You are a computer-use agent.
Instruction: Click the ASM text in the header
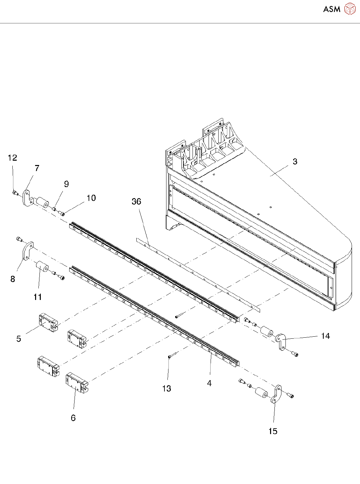coord(332,9)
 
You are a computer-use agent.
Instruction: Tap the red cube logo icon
coord(350,9)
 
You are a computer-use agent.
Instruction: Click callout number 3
coord(295,162)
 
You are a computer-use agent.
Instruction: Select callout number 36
coord(136,201)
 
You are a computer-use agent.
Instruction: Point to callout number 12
coord(12,158)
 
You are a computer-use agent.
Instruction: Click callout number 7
coord(37,168)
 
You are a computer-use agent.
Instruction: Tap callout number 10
coord(91,198)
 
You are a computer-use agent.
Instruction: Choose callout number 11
coord(38,297)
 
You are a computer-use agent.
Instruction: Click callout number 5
coord(19,339)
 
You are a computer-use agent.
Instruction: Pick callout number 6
coord(73,418)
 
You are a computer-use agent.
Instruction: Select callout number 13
coord(166,388)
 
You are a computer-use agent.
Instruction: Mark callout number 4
coord(209,383)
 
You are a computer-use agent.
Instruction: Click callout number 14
coord(325,336)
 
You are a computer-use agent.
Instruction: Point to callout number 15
coord(273,431)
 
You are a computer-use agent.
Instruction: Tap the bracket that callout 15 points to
coord(276,394)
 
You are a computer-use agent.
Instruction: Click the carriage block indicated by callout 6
coord(77,382)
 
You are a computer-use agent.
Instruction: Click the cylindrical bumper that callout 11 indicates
coord(42,267)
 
